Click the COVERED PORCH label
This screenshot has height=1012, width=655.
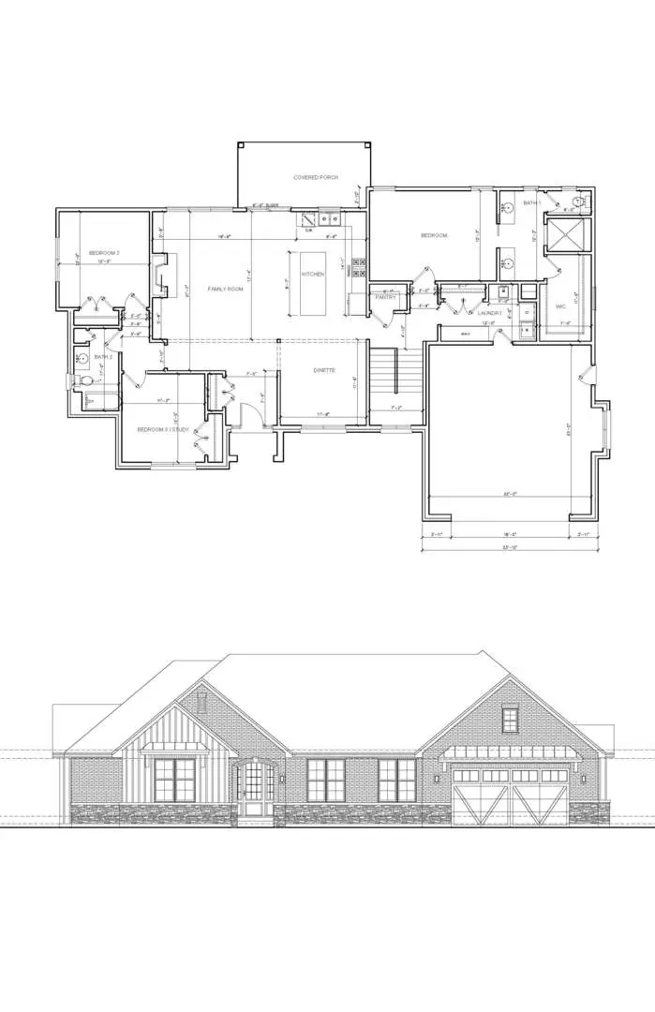315,177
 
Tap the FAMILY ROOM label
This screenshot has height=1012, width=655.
225,289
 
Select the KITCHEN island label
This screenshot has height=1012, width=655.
312,275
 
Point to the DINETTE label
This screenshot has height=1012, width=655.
325,370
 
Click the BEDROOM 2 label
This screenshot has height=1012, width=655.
104,253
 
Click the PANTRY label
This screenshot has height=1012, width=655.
385,297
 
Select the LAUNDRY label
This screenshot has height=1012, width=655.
488,311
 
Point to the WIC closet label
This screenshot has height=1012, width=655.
559,305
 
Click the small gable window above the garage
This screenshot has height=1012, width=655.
509,720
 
